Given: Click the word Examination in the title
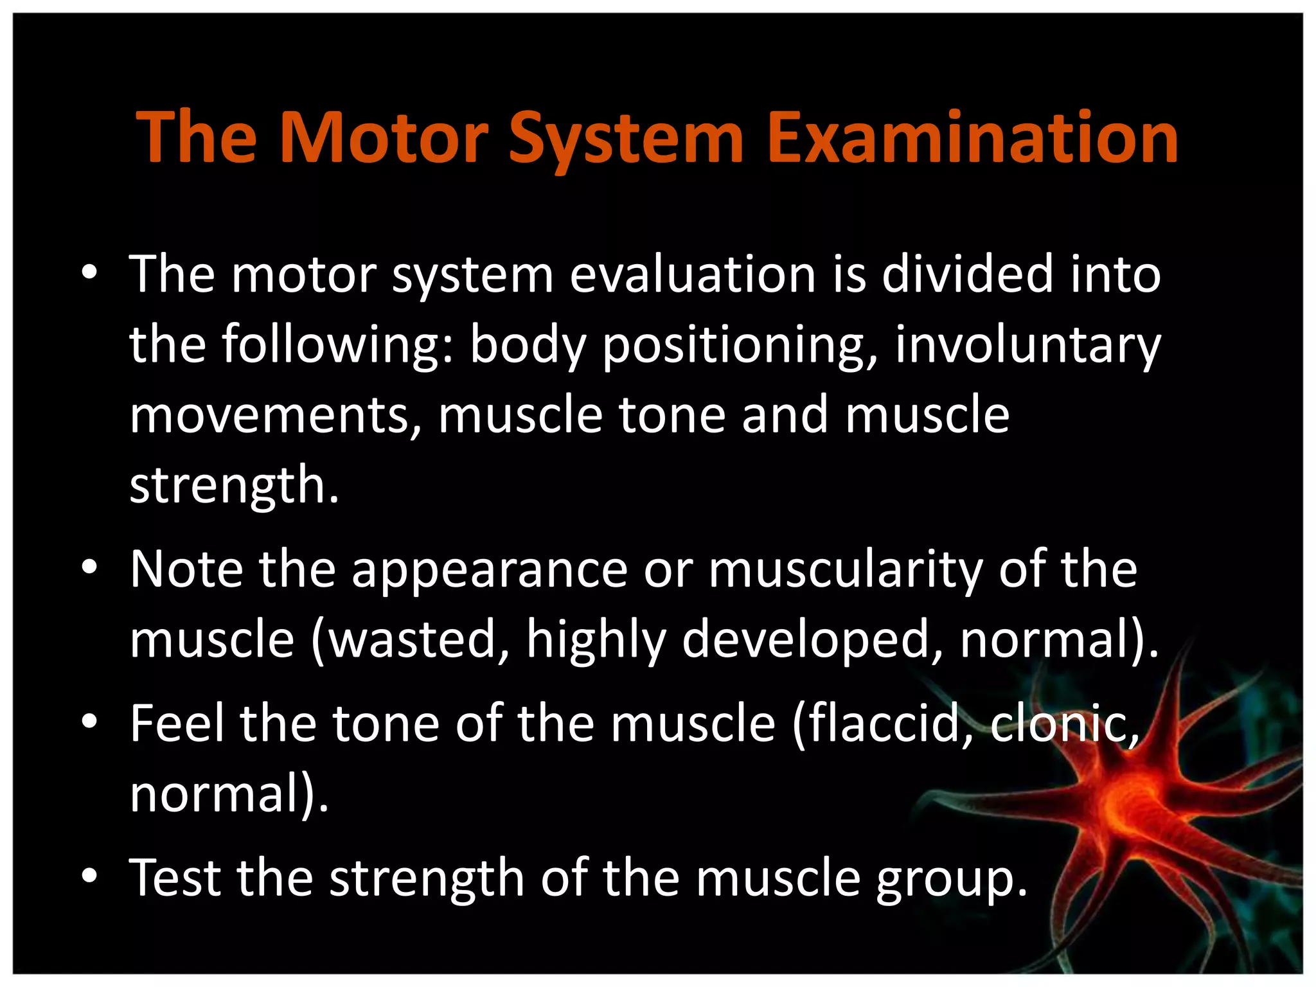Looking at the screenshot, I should click(972, 138).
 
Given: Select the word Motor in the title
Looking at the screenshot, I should click(384, 138).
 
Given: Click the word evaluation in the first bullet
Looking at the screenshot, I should click(692, 274).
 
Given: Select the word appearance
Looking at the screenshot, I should click(489, 570).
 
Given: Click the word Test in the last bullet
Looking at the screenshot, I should click(175, 878).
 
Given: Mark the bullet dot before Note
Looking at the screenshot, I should click(89, 567).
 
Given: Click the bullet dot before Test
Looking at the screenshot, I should click(89, 875).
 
